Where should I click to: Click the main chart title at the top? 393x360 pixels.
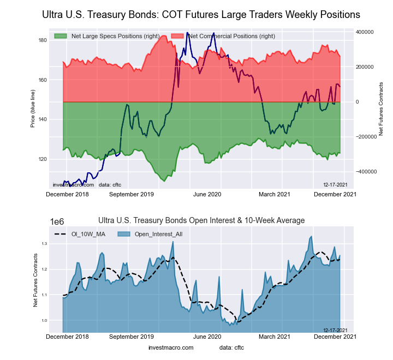(201, 14)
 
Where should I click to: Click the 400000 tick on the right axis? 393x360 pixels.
(365, 32)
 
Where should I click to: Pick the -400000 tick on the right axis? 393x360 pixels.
(364, 171)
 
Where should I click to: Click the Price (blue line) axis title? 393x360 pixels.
(33, 109)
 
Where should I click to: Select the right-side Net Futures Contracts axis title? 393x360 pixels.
(381, 109)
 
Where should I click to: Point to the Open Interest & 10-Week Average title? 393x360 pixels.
(201, 220)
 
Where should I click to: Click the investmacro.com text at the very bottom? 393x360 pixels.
(171, 347)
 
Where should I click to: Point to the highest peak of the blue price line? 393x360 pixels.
(187, 33)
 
